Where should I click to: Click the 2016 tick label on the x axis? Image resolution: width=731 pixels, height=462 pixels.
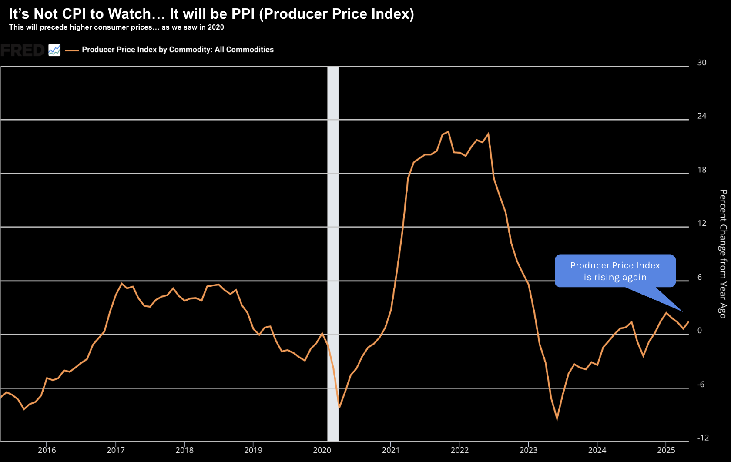pyautogui.click(x=47, y=450)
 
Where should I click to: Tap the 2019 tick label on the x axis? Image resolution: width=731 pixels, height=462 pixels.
pyautogui.click(x=253, y=450)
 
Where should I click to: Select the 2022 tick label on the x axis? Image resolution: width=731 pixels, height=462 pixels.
pyautogui.click(x=459, y=450)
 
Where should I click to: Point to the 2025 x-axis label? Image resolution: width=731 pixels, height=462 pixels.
pyautogui.click(x=666, y=450)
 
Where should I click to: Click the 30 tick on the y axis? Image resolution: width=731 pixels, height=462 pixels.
pyautogui.click(x=701, y=63)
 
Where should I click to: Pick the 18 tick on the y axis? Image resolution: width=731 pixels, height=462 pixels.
pyautogui.click(x=701, y=170)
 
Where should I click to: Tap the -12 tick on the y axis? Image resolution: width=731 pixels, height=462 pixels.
pyautogui.click(x=703, y=438)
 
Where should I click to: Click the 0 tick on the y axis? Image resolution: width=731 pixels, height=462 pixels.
pyautogui.click(x=699, y=331)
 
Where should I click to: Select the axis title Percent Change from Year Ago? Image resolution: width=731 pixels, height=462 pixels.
pyautogui.click(x=723, y=254)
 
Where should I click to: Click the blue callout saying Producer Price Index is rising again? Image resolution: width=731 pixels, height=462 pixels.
pyautogui.click(x=615, y=271)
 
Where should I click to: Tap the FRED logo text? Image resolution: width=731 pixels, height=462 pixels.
pyautogui.click(x=23, y=50)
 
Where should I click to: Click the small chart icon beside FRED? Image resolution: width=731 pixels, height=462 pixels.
pyautogui.click(x=54, y=50)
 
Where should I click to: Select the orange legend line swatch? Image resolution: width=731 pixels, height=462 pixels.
pyautogui.click(x=72, y=50)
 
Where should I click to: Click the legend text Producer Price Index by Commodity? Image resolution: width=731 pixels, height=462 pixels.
pyautogui.click(x=178, y=50)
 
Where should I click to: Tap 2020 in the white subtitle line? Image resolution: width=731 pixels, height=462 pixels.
pyautogui.click(x=216, y=27)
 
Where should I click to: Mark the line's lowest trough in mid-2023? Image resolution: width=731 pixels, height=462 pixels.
pyautogui.click(x=557, y=419)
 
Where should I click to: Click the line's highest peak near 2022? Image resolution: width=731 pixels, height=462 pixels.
pyautogui.click(x=448, y=132)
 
